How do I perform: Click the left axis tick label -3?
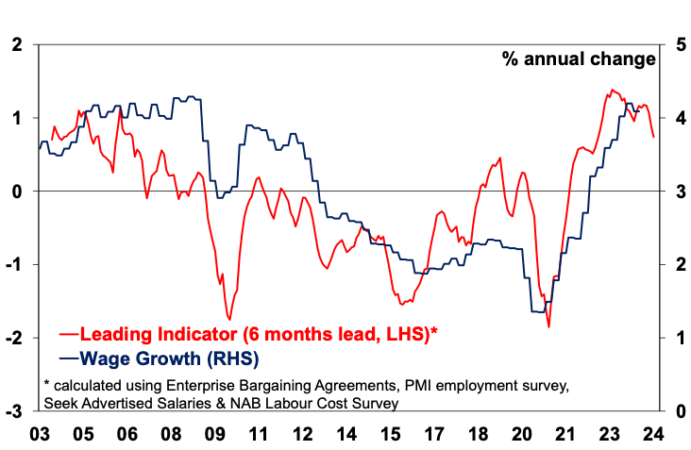coord(15,411)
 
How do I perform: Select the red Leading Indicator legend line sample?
coord(69,334)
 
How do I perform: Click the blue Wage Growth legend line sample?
coord(69,358)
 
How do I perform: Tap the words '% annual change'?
coord(578,59)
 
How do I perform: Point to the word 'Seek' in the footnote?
coord(63,402)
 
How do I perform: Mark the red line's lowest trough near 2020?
coord(548,326)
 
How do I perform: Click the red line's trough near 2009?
coord(229,319)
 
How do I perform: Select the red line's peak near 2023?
coord(612,90)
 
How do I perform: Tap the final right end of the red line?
coord(654,137)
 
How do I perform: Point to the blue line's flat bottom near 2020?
coord(539,311)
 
